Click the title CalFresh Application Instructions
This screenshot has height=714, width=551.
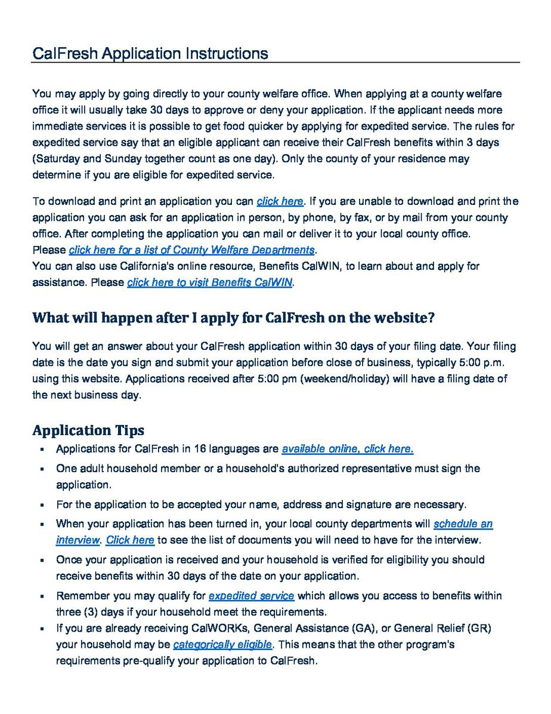coord(150,54)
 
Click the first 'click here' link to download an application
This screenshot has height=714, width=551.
coord(280,201)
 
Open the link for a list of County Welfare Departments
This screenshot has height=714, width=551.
coord(191,250)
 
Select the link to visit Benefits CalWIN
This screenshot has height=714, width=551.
coord(209,282)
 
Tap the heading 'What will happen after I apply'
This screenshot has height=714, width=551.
coord(233,318)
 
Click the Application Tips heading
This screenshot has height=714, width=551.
coord(88,430)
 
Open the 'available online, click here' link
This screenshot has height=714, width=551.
coord(348,449)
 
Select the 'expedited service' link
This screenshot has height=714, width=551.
coord(251,596)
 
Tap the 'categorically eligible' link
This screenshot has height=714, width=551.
coord(222,645)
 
